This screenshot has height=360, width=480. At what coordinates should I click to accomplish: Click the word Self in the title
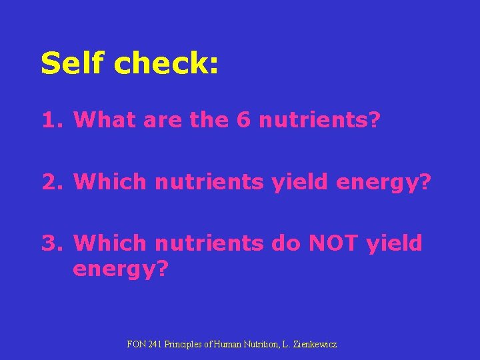(x=72, y=63)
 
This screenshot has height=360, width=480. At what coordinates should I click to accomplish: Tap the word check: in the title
(x=167, y=63)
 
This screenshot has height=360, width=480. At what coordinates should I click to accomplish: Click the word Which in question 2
(x=111, y=181)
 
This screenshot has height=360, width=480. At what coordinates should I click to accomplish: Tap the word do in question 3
(x=285, y=243)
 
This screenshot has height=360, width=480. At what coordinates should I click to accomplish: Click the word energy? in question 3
(x=121, y=270)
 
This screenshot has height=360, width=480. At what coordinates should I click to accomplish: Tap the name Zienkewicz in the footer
(x=313, y=344)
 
